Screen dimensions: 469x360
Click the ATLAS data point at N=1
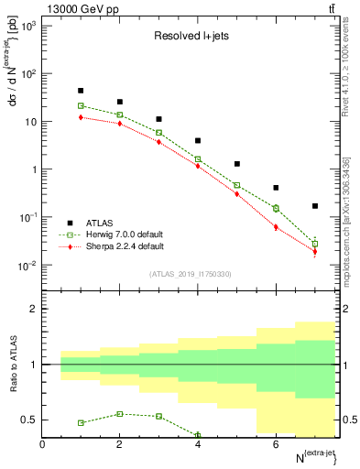(x=81, y=91)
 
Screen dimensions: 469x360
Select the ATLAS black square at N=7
(x=315, y=206)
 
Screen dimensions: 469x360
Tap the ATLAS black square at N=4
(x=198, y=141)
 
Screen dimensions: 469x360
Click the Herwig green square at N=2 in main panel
(x=120, y=115)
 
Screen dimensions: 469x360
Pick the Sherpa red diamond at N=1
(x=81, y=117)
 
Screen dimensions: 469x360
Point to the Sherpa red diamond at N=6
(x=276, y=227)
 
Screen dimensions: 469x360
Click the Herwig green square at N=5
(x=237, y=185)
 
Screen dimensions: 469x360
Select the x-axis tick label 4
(x=198, y=444)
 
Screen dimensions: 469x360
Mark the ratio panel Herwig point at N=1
(x=81, y=423)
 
